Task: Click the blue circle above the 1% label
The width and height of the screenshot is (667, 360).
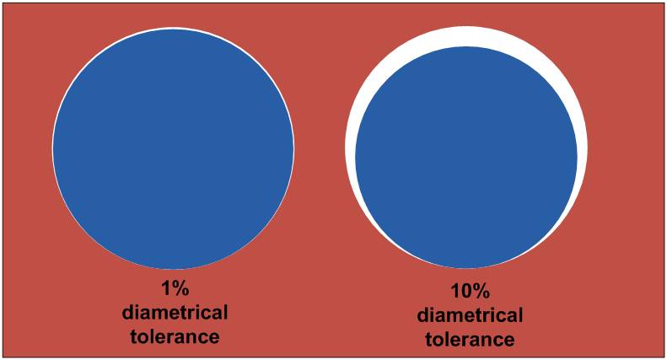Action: coord(173,149)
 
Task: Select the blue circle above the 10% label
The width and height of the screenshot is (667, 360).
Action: coord(466,158)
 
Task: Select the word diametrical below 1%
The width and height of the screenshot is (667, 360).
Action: coord(175,314)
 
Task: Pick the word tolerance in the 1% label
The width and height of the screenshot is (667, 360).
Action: coord(175,336)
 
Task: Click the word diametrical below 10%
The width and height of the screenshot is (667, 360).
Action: coord(470,316)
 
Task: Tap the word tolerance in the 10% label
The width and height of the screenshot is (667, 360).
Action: coord(470,340)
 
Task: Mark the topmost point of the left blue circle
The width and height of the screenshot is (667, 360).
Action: coord(173,30)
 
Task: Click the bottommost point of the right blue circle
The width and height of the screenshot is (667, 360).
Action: coord(466,269)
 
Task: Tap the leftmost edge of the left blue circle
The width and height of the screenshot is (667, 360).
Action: coord(53,149)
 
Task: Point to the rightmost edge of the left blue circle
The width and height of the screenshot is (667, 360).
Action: coord(293,149)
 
